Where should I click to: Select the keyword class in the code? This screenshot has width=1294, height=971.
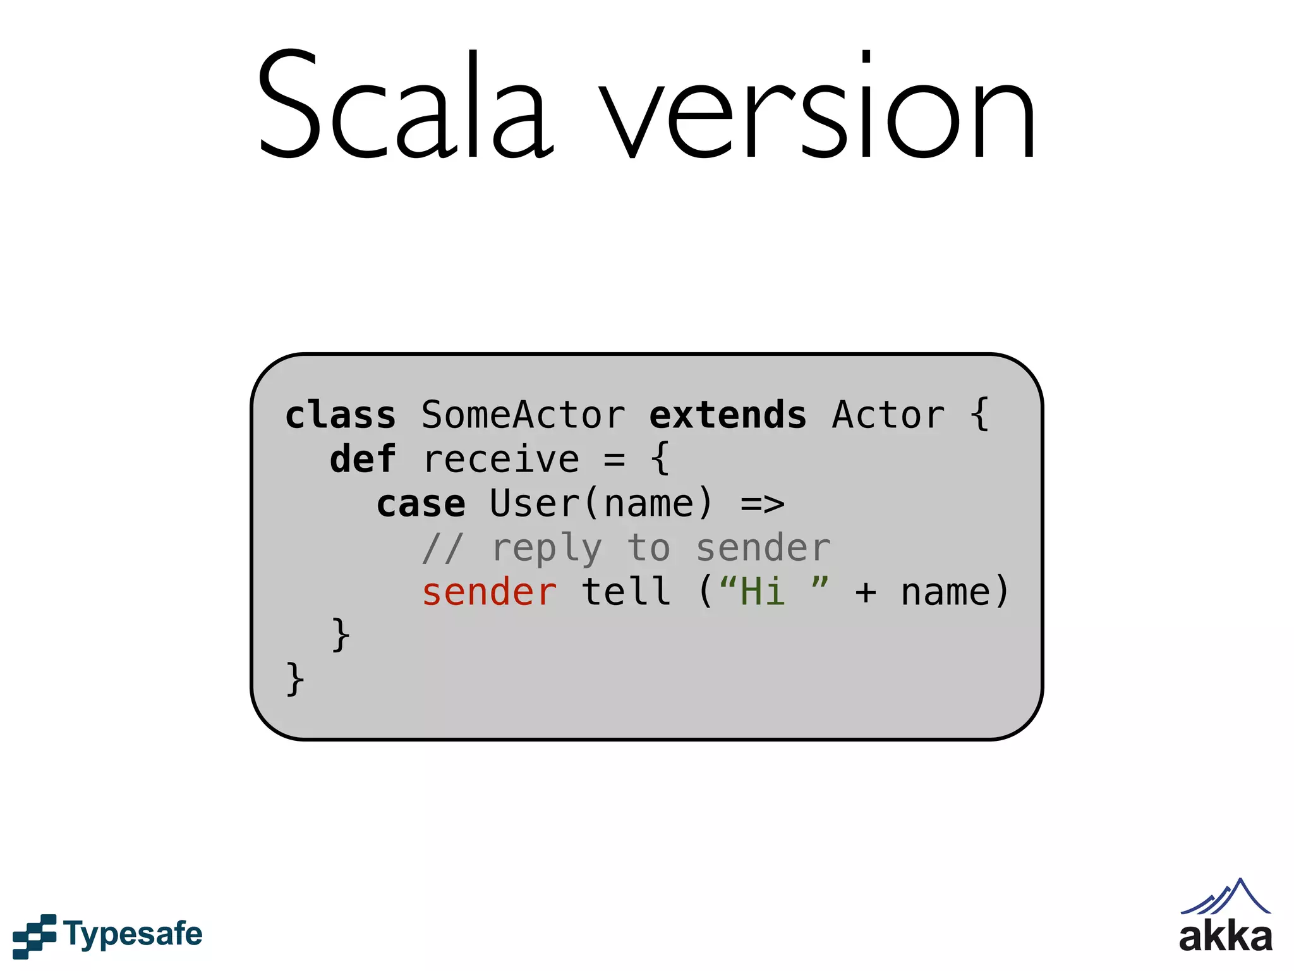tap(341, 415)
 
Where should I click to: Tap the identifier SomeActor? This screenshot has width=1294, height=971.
tap(523, 415)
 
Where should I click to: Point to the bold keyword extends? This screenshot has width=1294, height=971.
tap(728, 415)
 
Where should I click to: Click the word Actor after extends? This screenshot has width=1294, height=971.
tap(888, 415)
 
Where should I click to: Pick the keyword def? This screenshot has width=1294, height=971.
tap(363, 460)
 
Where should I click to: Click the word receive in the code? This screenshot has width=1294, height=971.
tap(501, 460)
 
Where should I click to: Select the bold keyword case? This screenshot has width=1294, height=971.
tap(421, 504)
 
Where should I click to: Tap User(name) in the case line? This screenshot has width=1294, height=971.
tap(601, 504)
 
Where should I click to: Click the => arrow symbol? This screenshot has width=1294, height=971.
tap(763, 504)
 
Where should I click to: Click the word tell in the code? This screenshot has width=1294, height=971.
tap(626, 592)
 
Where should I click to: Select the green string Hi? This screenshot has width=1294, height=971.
tap(763, 592)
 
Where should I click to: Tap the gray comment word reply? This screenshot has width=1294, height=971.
tap(547, 548)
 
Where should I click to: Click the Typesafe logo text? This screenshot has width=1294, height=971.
tap(133, 934)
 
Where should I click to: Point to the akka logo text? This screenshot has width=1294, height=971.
tap(1226, 936)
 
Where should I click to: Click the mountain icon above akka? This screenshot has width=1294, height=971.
tap(1226, 896)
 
